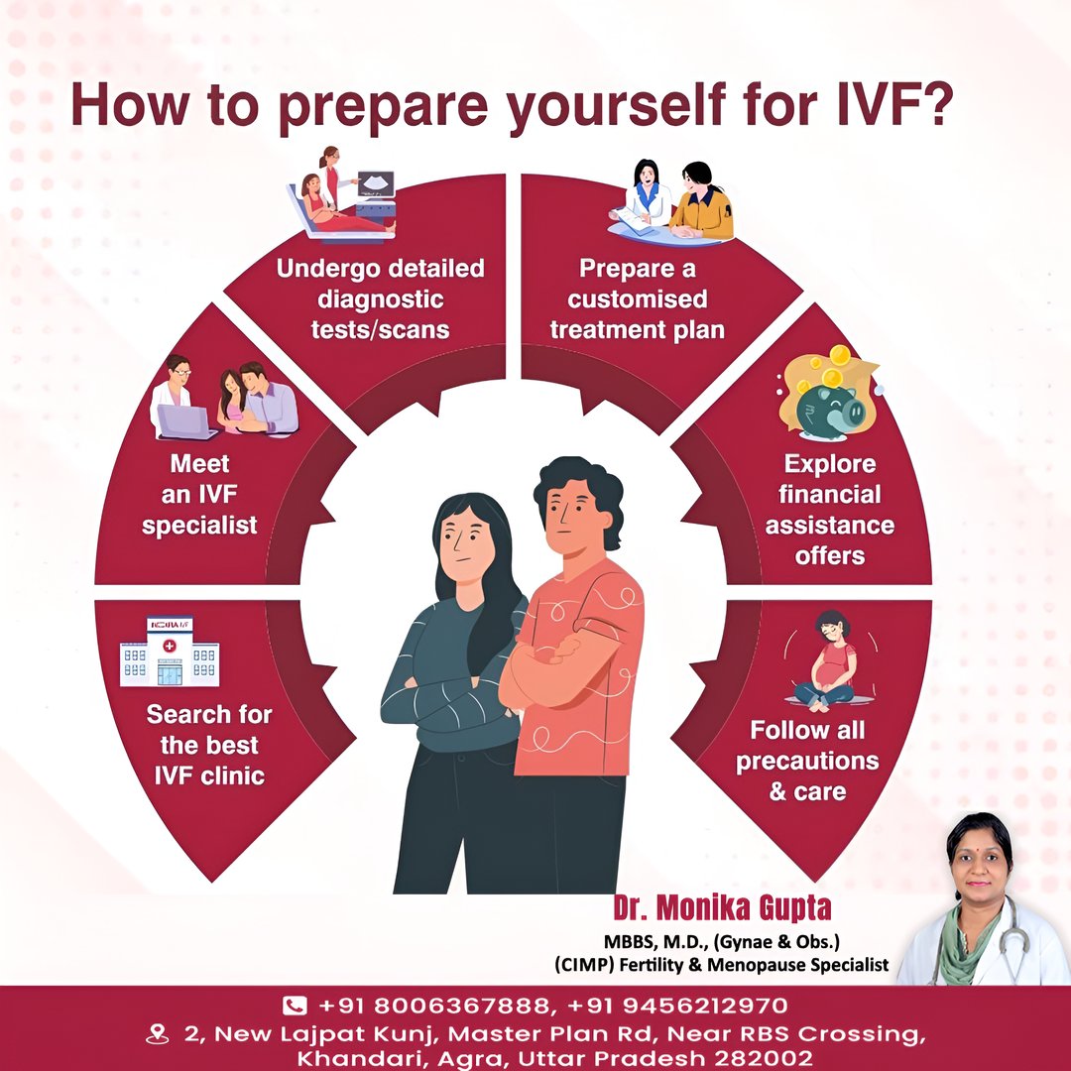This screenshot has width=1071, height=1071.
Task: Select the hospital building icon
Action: tap(170, 652)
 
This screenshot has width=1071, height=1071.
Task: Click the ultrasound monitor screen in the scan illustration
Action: tap(377, 183)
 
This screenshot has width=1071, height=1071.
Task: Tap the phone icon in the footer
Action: tap(295, 1006)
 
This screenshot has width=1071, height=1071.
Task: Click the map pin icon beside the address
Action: tap(158, 1034)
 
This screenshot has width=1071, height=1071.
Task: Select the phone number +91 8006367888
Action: tap(434, 1006)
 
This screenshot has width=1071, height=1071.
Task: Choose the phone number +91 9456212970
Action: tap(677, 1006)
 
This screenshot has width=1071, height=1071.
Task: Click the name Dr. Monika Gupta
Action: tap(722, 907)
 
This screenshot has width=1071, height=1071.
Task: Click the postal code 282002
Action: tap(764, 1058)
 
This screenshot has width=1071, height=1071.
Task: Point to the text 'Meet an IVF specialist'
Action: tap(199, 495)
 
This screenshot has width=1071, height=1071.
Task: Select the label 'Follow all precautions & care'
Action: tap(807, 761)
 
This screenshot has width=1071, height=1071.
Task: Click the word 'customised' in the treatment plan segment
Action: tap(638, 299)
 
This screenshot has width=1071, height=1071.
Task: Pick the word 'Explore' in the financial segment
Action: tap(830, 464)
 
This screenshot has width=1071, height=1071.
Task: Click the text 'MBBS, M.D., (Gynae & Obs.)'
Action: tap(722, 942)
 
